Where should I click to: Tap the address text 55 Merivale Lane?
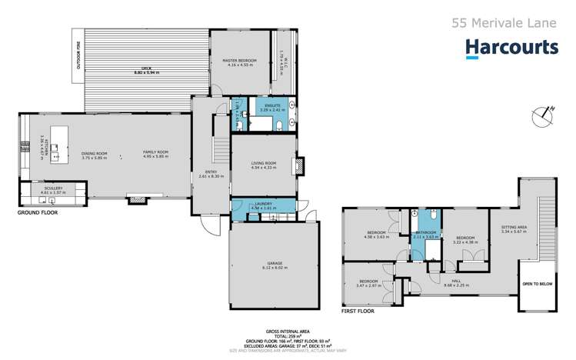[504, 23]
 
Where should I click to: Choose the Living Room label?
[264, 162]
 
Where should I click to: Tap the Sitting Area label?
[514, 228]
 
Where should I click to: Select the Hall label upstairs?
[456, 281]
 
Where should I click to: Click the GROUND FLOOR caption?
[38, 211]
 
